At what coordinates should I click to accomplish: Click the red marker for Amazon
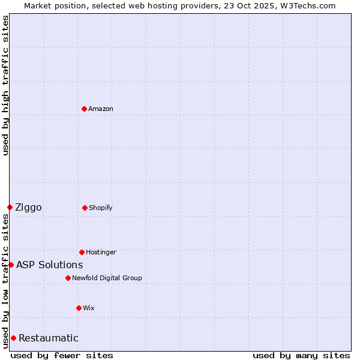[x=85, y=109]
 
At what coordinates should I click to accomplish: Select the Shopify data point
[x=85, y=208]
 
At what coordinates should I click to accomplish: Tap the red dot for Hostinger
[x=82, y=252]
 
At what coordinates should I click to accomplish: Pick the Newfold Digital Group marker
[x=68, y=278]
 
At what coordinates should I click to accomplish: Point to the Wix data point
[x=79, y=308]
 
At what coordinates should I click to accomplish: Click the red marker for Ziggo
[x=10, y=207]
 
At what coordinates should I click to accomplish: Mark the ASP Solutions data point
[x=11, y=265]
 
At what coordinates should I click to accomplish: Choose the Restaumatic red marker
[x=13, y=338]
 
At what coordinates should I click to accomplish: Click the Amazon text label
[x=101, y=109]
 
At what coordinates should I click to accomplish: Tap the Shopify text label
[x=101, y=208]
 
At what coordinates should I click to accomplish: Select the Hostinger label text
[x=101, y=252]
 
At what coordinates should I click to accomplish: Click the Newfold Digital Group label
[x=107, y=278]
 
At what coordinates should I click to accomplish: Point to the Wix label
[x=89, y=308]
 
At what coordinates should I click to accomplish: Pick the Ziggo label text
[x=28, y=207]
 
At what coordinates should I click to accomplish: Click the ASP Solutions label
[x=49, y=265]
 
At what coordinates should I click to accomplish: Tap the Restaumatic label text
[x=48, y=338]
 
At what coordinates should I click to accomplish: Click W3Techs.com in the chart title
[x=307, y=5]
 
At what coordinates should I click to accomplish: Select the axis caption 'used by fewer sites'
[x=62, y=355]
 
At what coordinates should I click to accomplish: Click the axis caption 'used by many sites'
[x=301, y=355]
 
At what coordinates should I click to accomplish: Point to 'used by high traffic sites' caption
[x=5, y=85]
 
